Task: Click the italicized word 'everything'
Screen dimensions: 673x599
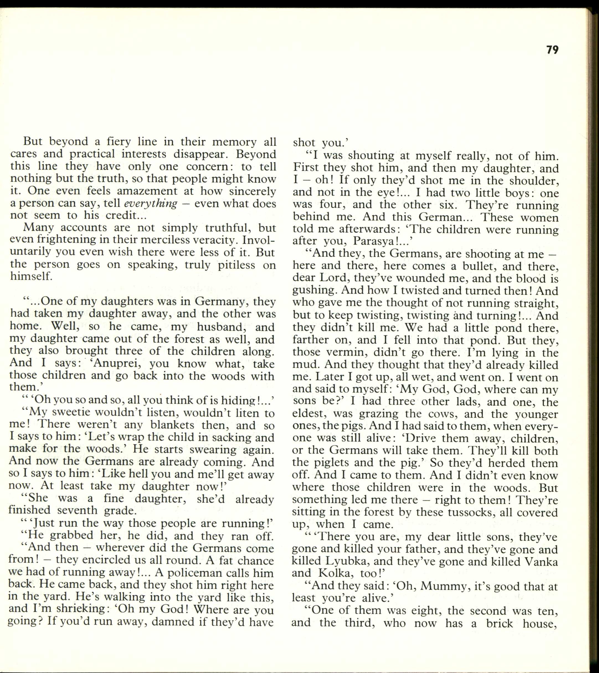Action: coord(151,203)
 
